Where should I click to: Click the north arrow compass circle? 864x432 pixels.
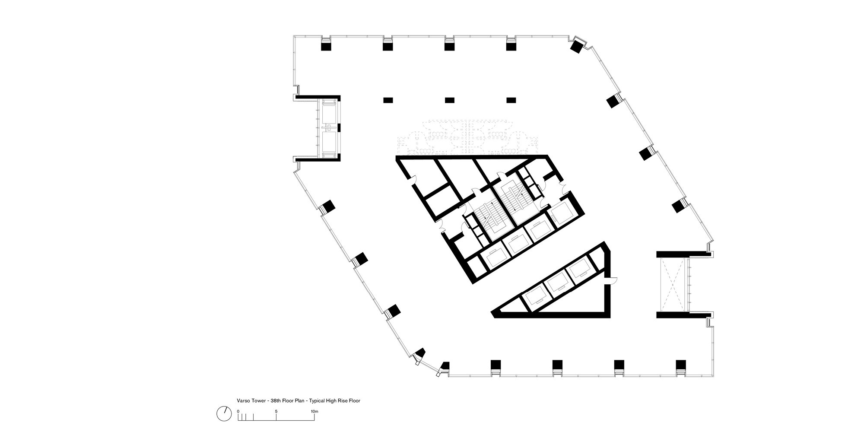[x=223, y=414]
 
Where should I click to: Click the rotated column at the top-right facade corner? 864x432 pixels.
[x=577, y=46]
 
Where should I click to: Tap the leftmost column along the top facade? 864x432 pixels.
[x=326, y=45]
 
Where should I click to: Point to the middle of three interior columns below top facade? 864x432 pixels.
[x=450, y=100]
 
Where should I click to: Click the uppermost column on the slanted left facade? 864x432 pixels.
[x=328, y=206]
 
